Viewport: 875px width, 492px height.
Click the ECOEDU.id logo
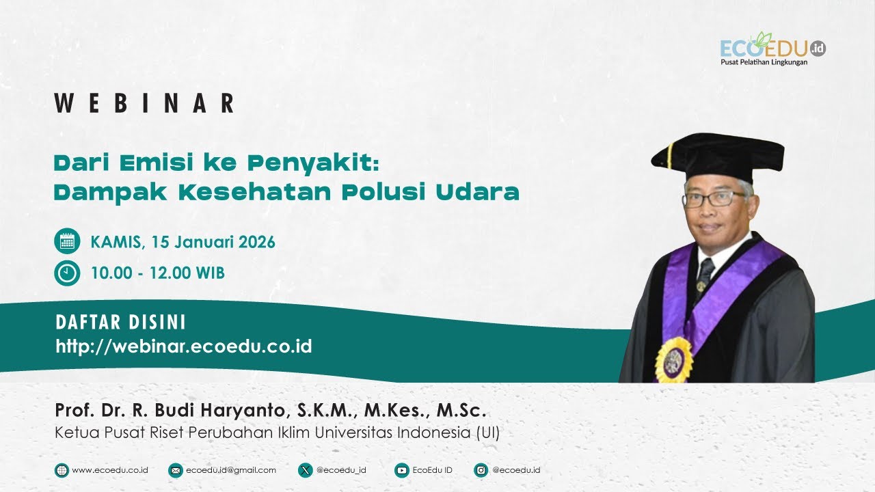point(772,49)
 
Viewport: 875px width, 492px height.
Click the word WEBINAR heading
point(145,103)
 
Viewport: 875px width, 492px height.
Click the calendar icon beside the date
point(67,241)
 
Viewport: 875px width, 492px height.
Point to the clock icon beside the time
point(67,273)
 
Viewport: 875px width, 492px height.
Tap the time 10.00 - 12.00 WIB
point(158,273)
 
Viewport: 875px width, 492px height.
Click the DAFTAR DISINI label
point(120,323)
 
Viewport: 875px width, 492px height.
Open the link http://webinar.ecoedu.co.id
point(184,346)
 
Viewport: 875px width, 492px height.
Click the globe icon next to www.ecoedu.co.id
point(62,470)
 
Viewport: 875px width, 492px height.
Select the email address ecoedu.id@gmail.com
point(230,470)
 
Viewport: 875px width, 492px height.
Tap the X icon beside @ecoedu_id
point(305,470)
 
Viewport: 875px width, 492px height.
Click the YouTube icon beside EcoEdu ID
point(402,470)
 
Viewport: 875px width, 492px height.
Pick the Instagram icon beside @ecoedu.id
point(481,470)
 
